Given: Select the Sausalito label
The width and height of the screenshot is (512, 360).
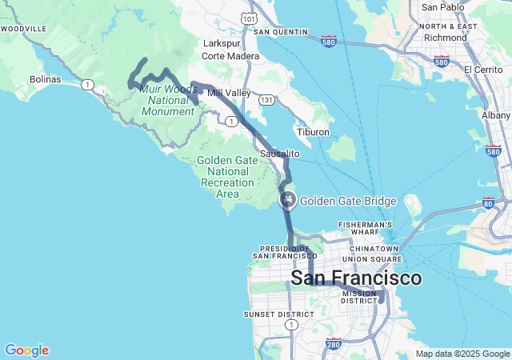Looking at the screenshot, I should (x=279, y=153).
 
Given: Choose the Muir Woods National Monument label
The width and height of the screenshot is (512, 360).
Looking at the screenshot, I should (x=168, y=100).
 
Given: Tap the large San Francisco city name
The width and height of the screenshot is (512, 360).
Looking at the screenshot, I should (x=356, y=278).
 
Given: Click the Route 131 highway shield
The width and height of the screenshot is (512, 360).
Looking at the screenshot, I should (x=266, y=100).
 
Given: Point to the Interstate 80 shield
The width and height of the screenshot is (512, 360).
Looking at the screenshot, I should (x=488, y=203).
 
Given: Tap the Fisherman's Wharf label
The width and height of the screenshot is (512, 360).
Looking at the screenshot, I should (x=364, y=226).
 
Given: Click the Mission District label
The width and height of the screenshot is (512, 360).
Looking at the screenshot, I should (x=358, y=297).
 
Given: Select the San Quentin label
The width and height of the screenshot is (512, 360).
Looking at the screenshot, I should (x=281, y=32).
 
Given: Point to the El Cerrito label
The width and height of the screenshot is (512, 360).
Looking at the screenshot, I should (x=483, y=70).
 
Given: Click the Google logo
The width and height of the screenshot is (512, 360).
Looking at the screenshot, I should (x=26, y=350).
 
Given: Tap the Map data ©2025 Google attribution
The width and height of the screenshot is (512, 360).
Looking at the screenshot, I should (x=462, y=354).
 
